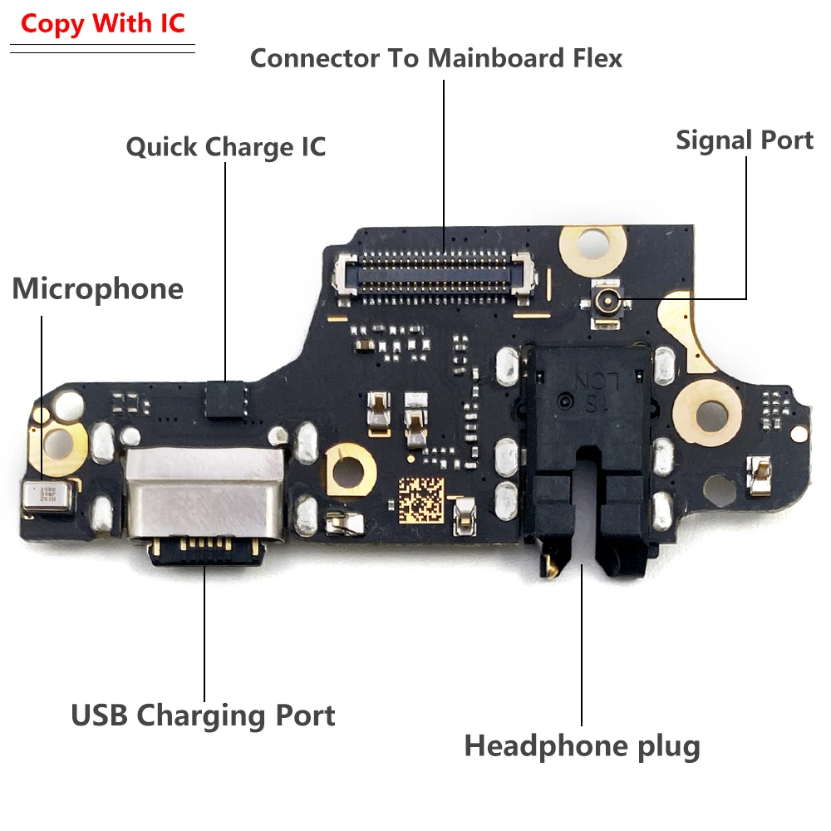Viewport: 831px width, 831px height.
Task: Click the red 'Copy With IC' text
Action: (103, 23)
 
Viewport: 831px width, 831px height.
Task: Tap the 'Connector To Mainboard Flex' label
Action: (436, 58)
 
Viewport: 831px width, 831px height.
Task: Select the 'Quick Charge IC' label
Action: (226, 147)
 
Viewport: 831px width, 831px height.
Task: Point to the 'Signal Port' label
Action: (744, 140)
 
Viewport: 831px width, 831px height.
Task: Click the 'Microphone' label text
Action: (97, 289)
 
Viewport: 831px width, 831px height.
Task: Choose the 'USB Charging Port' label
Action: (203, 715)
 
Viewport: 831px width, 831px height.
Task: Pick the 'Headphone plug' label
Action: (582, 745)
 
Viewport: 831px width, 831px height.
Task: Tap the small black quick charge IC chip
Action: (226, 398)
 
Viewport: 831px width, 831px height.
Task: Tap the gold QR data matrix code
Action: (421, 500)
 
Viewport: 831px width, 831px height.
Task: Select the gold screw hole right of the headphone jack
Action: (712, 411)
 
